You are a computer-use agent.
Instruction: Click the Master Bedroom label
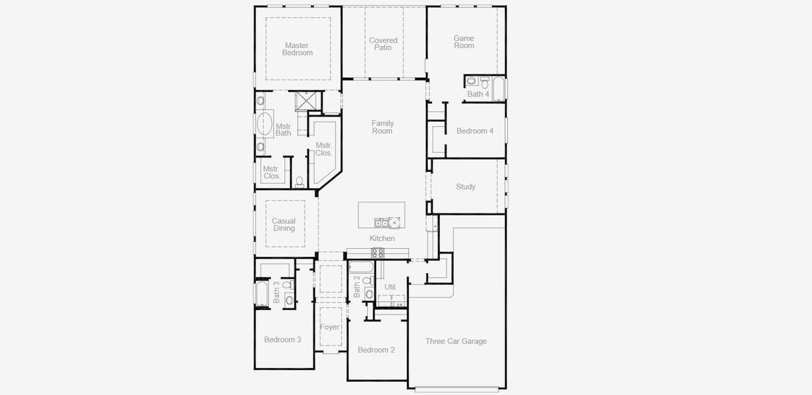pos(297,49)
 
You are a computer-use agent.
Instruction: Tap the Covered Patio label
pos(383,44)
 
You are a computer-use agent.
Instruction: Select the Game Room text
pos(464,41)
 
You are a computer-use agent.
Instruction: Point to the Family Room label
pos(382,127)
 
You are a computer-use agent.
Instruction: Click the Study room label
pos(466,187)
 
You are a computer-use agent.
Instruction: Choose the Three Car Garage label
pos(456,341)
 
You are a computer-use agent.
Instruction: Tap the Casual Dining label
pos(284,225)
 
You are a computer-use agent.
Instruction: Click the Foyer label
pos(330,327)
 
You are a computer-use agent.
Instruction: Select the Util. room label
pos(391,287)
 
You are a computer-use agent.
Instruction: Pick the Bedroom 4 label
pos(475,131)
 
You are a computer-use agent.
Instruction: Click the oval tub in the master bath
pos(264,123)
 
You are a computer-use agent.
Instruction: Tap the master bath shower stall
pos(306,101)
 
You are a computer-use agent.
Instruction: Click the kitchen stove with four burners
pos(378,252)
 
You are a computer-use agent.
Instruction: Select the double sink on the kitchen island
pos(381,222)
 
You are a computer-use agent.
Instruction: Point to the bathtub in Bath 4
pos(499,88)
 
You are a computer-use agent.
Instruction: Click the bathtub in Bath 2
pos(360,267)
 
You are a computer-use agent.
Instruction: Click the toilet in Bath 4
pos(471,81)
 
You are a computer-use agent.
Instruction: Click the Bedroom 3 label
pos(283,340)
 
